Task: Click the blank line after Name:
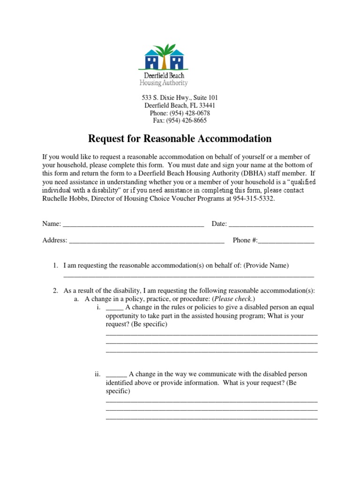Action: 133,225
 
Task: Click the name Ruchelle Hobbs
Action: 62,199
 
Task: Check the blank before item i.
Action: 114,307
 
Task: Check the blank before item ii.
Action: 116,374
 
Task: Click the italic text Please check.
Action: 233,299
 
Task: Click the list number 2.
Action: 55,291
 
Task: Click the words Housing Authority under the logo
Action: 164,83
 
